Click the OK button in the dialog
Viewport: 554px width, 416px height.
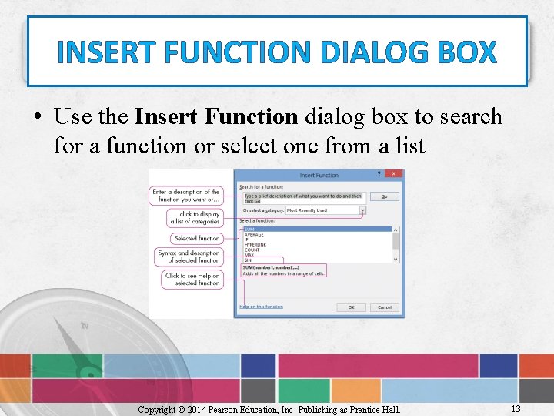[351, 307]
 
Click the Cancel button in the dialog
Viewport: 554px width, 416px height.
[384, 307]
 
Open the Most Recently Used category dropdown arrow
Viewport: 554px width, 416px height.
[362, 210]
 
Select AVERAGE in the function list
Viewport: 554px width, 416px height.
[254, 234]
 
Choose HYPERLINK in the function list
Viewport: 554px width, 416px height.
[255, 245]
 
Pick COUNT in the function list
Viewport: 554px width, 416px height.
[252, 250]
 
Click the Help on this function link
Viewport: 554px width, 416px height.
[261, 307]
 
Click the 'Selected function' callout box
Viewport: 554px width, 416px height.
[196, 238]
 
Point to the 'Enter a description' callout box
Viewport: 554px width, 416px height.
[186, 196]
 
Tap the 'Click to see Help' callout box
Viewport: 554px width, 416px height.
[192, 279]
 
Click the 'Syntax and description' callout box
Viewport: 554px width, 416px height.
[189, 257]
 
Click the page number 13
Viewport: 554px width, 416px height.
[515, 408]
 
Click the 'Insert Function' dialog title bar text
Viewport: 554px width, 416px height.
[319, 176]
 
